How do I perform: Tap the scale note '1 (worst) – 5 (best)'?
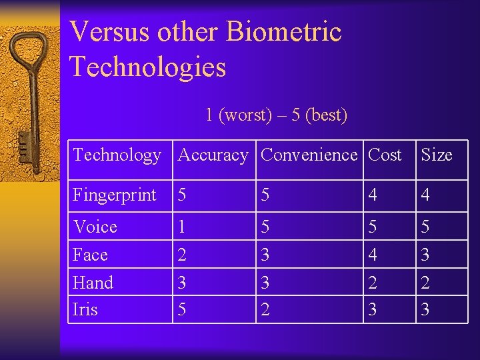coord(276,115)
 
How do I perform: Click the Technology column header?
coord(117,155)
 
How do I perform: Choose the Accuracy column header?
coord(213,155)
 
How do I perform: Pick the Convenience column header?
coord(309,155)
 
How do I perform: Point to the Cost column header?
coord(385,155)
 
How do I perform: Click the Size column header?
coord(436,155)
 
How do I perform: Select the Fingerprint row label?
coord(114,195)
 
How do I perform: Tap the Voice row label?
coord(95,227)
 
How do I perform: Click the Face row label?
coord(90,255)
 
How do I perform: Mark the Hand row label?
coord(93,283)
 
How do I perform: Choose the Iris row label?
coord(85,310)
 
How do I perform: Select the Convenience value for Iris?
coord(265,310)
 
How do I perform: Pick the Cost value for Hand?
coord(373,283)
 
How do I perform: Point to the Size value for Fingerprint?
coord(425,195)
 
